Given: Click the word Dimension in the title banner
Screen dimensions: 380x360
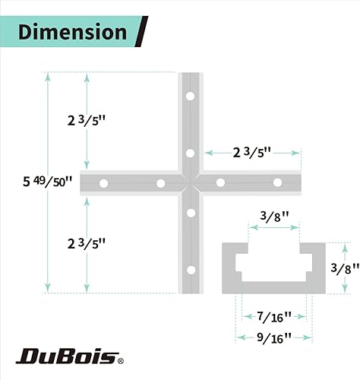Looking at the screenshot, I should (72, 32).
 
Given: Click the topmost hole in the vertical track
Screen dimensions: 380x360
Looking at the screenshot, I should (190, 97).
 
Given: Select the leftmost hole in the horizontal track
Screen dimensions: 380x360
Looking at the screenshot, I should (104, 182).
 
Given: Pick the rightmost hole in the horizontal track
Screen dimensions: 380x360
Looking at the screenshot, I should (277, 182).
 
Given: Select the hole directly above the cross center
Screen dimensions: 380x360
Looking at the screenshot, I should (190, 153).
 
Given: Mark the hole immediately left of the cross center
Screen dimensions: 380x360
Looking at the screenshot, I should (160, 182).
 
